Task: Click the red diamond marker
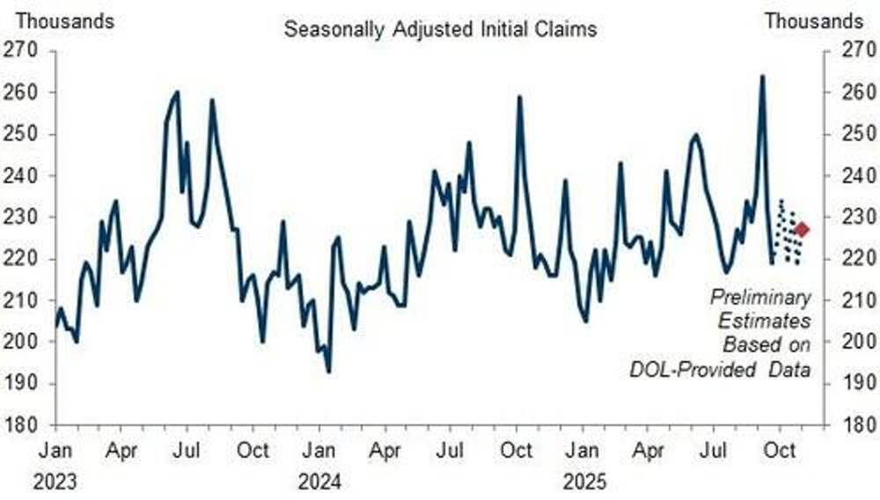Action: pos(801,230)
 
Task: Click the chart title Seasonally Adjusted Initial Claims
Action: pos(440,29)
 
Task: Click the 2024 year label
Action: pos(319,482)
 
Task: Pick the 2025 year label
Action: pos(581,482)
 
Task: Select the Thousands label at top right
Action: pos(814,20)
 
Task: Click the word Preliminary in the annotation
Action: pos(760,298)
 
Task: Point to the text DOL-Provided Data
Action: pos(720,370)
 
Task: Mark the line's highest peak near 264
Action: pos(762,76)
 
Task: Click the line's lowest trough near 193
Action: pos(329,371)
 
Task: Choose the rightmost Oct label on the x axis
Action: pos(778,451)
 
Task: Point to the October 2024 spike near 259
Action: pos(520,97)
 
